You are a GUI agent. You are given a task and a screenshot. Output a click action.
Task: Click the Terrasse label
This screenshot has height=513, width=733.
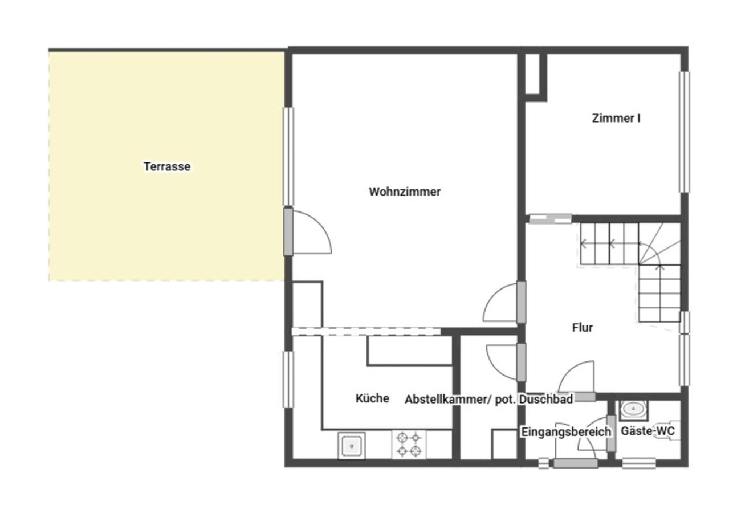click(x=167, y=166)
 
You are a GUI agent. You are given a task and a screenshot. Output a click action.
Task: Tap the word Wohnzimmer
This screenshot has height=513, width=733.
click(x=405, y=192)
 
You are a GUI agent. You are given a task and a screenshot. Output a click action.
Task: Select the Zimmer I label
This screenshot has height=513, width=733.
click(x=616, y=118)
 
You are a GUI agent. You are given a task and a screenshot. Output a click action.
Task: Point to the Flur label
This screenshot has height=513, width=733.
click(x=582, y=328)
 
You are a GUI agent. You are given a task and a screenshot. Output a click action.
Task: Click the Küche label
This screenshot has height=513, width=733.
click(x=372, y=398)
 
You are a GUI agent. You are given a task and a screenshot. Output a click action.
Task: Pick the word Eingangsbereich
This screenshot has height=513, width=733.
click(x=566, y=432)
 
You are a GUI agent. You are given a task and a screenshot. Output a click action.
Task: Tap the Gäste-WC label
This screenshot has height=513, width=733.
click(x=648, y=431)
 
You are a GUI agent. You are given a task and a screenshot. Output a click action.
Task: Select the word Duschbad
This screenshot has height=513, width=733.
click(x=546, y=399)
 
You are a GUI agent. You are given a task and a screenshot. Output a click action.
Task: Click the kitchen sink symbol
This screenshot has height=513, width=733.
click(x=352, y=446)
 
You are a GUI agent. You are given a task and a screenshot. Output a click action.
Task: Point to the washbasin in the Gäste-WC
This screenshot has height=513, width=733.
click(x=633, y=409)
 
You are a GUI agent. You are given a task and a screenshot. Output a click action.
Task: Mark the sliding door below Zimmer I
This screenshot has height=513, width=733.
click(x=551, y=218)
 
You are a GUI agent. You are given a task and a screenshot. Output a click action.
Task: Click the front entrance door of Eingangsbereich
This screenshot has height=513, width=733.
click(x=576, y=463)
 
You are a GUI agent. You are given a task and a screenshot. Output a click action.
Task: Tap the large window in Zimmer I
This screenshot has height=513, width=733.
click(x=684, y=132)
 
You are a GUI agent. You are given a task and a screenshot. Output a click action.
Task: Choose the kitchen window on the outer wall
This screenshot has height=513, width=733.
click(x=288, y=380)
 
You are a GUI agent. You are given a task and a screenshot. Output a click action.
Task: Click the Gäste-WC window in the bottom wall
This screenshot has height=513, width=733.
click(x=639, y=463)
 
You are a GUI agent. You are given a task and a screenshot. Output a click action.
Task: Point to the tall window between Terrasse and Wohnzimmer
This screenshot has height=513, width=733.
click(x=288, y=156)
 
